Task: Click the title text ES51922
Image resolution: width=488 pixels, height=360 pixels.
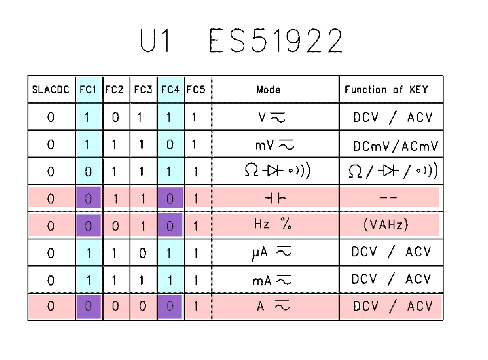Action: pyautogui.click(x=276, y=41)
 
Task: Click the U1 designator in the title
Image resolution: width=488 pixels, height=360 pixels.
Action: pyautogui.click(x=156, y=41)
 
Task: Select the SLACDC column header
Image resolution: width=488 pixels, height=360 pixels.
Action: pyautogui.click(x=51, y=90)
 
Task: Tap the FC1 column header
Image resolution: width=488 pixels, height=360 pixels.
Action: pyautogui.click(x=88, y=90)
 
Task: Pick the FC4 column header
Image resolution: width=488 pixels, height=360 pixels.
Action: pyautogui.click(x=170, y=90)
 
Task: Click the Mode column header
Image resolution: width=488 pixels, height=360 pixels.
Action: pyautogui.click(x=268, y=90)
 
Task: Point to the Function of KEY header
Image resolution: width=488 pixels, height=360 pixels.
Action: pyautogui.click(x=386, y=90)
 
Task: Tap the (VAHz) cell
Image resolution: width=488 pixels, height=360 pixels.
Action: pyautogui.click(x=386, y=225)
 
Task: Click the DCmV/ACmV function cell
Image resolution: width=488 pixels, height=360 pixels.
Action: pyautogui.click(x=395, y=146)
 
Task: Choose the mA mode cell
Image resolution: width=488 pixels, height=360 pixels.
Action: pyautogui.click(x=273, y=280)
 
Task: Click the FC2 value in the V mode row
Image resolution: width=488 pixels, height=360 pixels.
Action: pyautogui.click(x=116, y=117)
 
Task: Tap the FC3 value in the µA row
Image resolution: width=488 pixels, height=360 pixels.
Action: pyautogui.click(x=143, y=253)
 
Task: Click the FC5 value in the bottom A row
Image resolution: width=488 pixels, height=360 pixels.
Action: pyautogui.click(x=195, y=306)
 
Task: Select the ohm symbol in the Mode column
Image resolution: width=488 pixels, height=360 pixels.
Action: pyautogui.click(x=251, y=171)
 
